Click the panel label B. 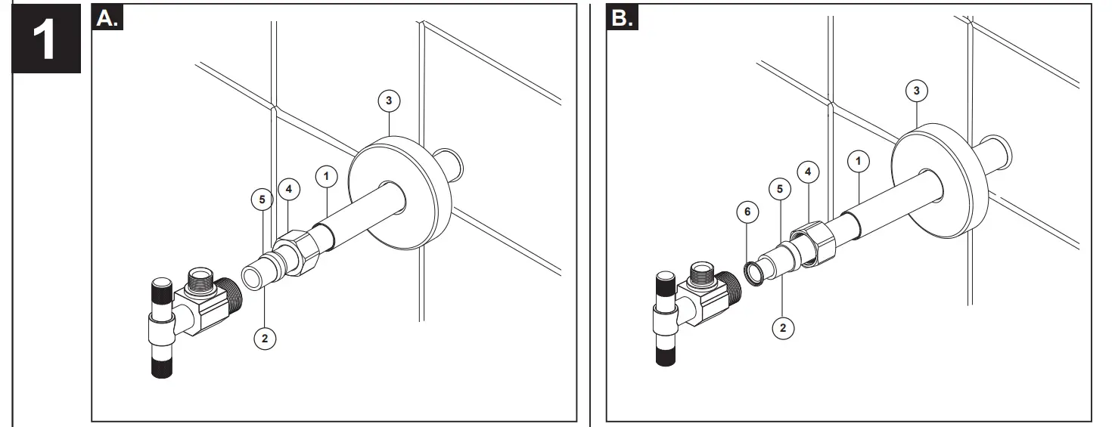coord(622,18)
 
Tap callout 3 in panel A coord(388,101)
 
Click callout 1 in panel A coord(326,177)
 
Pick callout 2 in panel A coord(264,338)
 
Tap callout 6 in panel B coord(747,212)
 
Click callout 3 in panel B coord(917,91)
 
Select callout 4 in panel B coord(809,172)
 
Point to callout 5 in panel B coord(780,189)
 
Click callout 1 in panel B coord(858,160)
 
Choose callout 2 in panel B coord(782,327)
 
